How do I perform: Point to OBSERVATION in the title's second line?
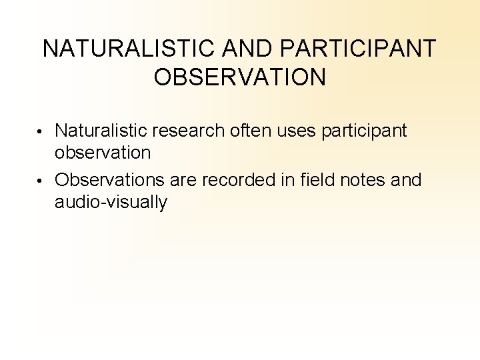[240, 77]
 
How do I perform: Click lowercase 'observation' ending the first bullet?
[103, 153]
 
